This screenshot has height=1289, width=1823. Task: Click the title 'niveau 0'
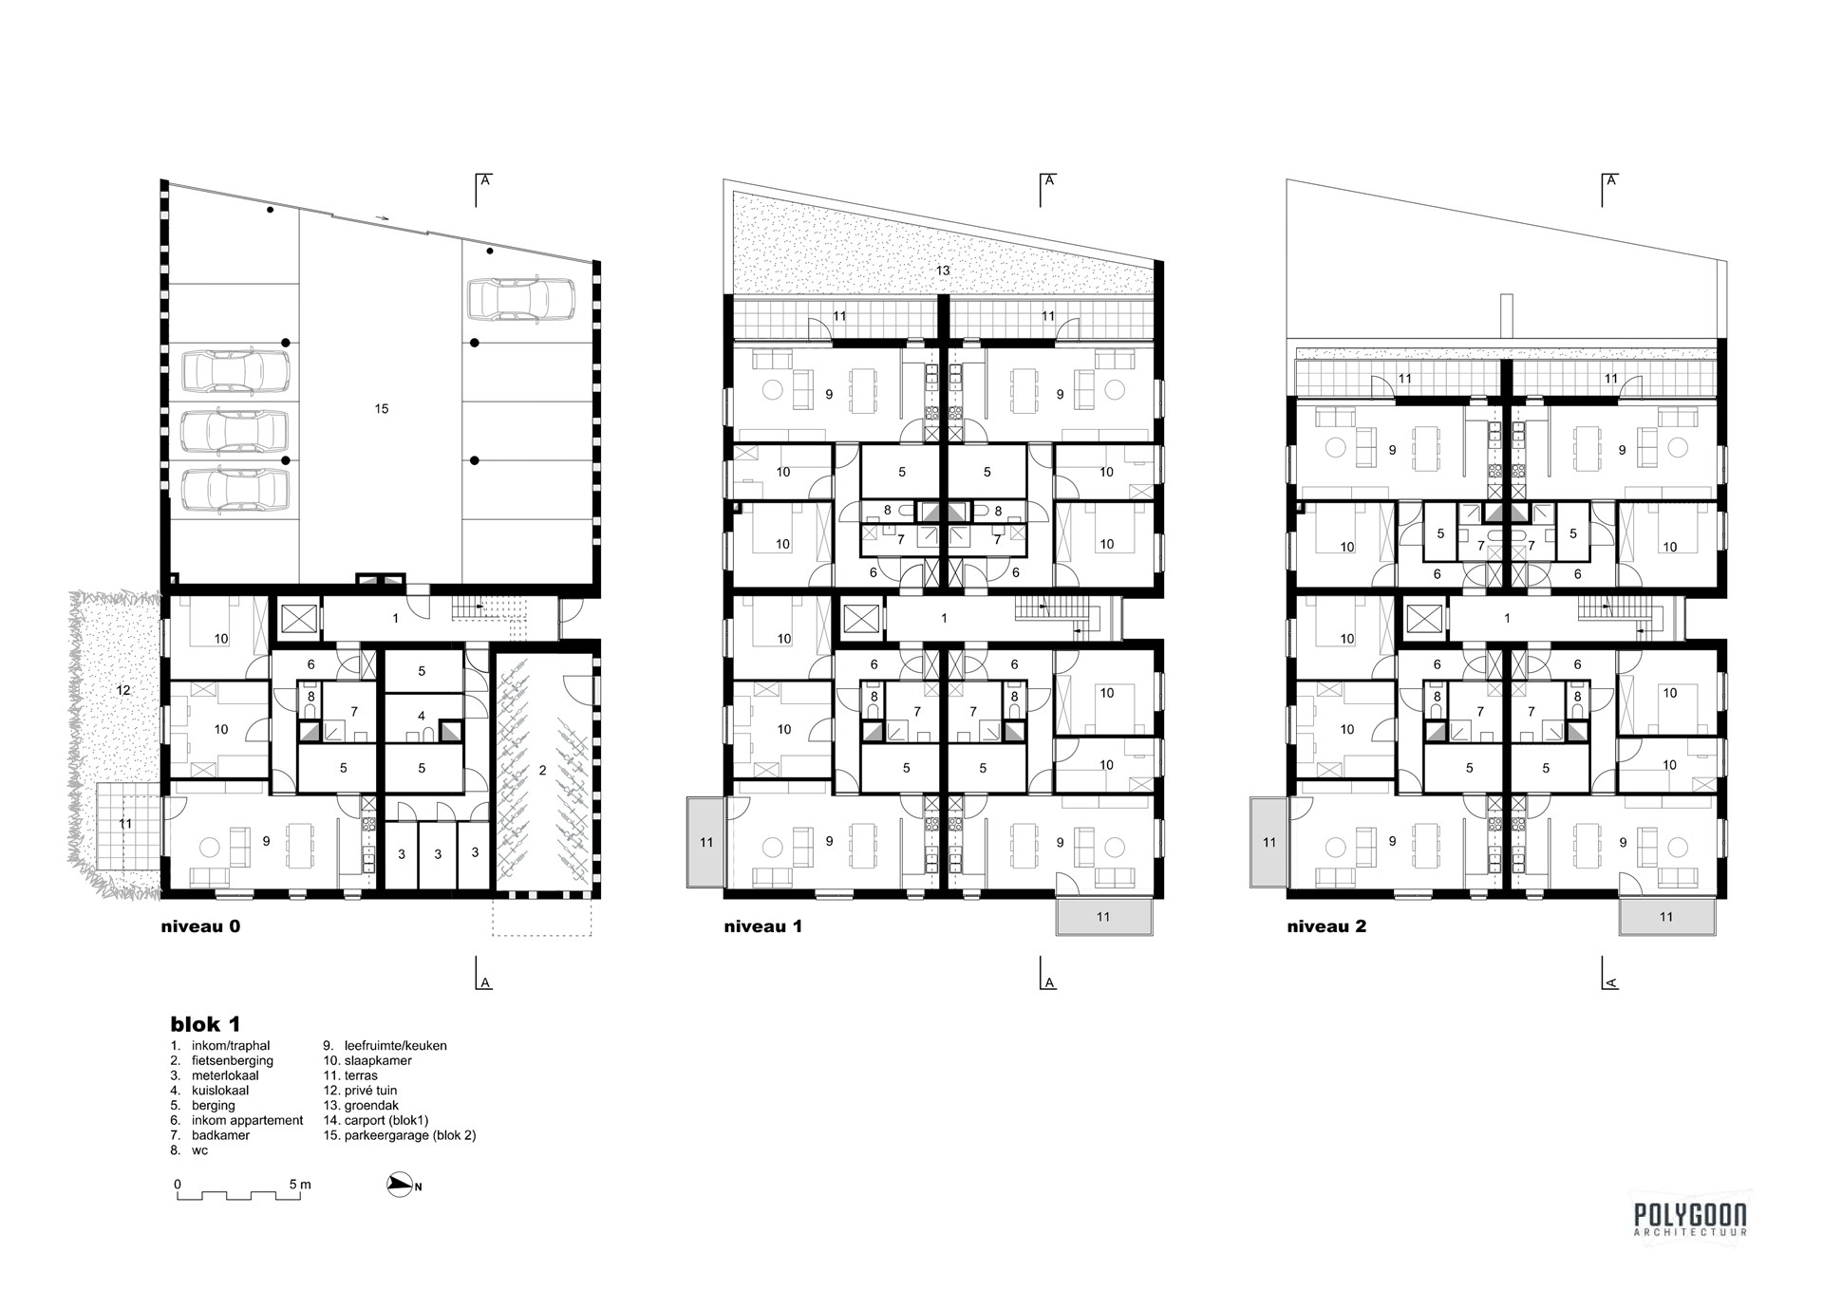pyautogui.click(x=200, y=926)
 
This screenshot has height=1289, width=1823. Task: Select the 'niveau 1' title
pyautogui.click(x=762, y=926)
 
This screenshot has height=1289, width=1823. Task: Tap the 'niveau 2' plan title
pyautogui.click(x=1326, y=926)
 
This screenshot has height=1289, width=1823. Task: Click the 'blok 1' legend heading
pyautogui.click(x=205, y=1024)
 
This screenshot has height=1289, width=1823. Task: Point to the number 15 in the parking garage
pyautogui.click(x=382, y=409)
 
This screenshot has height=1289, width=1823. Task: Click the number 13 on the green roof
pyautogui.click(x=943, y=271)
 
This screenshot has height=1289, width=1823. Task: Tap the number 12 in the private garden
pyautogui.click(x=123, y=690)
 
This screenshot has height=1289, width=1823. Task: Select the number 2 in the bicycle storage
pyautogui.click(x=543, y=771)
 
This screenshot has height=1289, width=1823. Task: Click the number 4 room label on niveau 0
pyautogui.click(x=422, y=716)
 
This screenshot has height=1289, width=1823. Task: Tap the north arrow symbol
pyautogui.click(x=401, y=1185)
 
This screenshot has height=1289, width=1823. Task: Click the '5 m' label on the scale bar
pyautogui.click(x=300, y=1185)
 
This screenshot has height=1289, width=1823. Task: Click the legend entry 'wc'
pyautogui.click(x=198, y=1150)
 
